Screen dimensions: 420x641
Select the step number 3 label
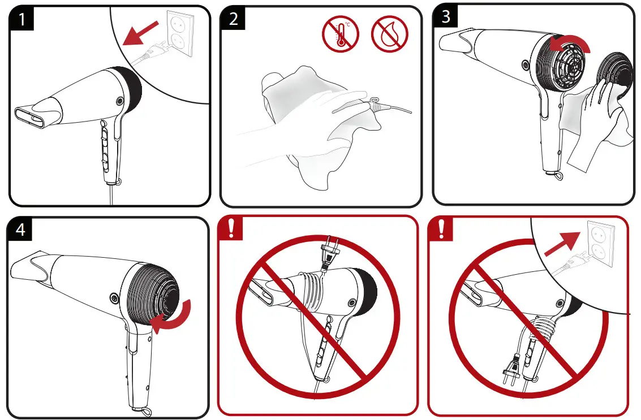click(446, 16)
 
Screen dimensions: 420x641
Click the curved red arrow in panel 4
click(175, 317)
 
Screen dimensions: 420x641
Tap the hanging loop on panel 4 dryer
click(138, 412)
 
